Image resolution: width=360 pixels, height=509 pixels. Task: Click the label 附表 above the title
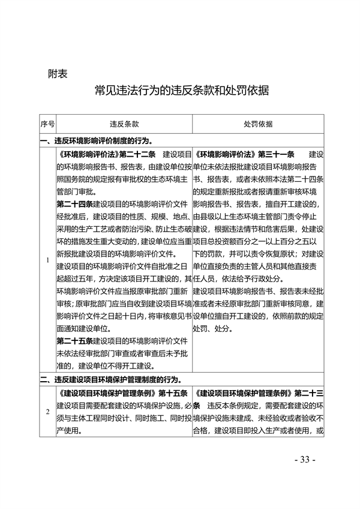point(57,74)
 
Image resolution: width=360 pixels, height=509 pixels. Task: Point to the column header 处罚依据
point(258,124)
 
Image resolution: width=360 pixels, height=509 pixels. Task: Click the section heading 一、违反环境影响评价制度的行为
point(99,140)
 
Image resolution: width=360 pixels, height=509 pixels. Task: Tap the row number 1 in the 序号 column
point(47,260)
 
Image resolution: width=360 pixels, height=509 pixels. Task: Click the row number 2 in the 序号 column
point(47,412)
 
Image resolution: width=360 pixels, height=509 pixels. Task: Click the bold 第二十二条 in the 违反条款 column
point(137,154)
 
